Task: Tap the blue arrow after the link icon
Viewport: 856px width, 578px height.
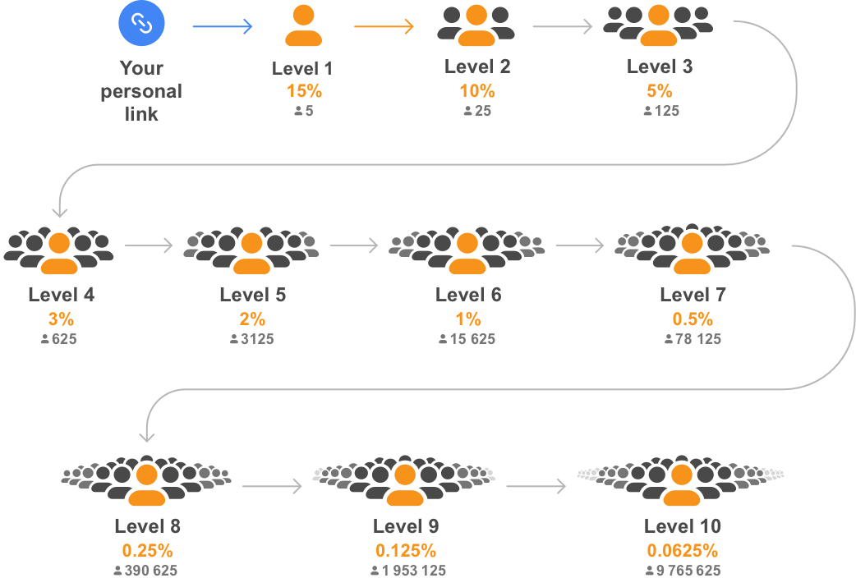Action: coord(222,27)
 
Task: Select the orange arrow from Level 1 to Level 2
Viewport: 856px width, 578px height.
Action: coord(384,27)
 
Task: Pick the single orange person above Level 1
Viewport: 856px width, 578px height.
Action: coord(304,26)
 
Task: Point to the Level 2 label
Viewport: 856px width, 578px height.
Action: coord(477,67)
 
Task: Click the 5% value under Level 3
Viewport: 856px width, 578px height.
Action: coord(660,90)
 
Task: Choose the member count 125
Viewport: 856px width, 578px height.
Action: coord(661,110)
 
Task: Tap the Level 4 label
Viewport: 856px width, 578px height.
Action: coord(61,295)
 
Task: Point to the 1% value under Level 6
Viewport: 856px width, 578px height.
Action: coord(468,319)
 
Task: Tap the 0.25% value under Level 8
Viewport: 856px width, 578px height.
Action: coord(147,550)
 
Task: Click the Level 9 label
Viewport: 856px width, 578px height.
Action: coord(406,526)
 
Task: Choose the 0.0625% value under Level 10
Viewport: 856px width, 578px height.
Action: coord(682,550)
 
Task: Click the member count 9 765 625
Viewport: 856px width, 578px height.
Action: coord(683,571)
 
